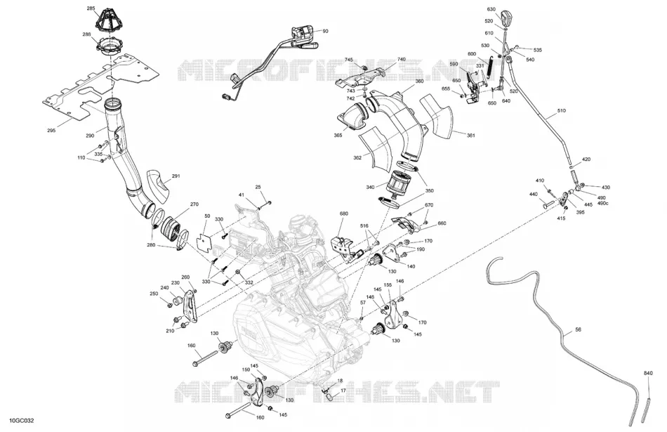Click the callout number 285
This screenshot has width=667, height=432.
(x=91, y=8)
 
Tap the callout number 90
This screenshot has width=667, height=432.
(x=325, y=31)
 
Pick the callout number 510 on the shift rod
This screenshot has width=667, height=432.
(x=562, y=111)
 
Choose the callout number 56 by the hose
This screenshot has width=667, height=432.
(x=578, y=329)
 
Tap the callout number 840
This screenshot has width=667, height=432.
(x=648, y=373)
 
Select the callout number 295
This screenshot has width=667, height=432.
(x=51, y=131)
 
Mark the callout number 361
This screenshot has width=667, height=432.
(x=471, y=136)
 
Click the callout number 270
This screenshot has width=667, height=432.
(x=194, y=204)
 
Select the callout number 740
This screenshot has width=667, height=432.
(x=401, y=60)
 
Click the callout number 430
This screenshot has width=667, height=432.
(x=605, y=188)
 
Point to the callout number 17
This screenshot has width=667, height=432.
(x=343, y=391)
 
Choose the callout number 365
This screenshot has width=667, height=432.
(x=338, y=136)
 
